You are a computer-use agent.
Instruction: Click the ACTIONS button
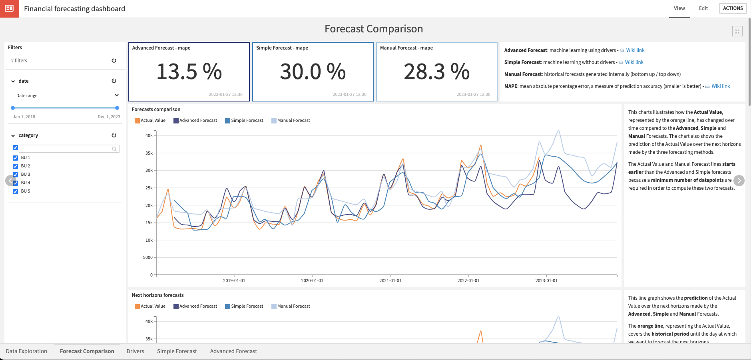click(x=733, y=8)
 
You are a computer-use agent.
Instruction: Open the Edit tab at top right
click(x=703, y=8)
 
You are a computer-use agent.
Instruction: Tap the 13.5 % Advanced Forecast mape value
click(x=189, y=72)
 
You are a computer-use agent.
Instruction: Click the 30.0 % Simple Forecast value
click(x=313, y=72)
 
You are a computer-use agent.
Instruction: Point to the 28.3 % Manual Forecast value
click(x=436, y=72)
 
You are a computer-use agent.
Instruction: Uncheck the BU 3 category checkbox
click(x=16, y=175)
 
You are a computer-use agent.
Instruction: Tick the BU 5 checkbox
click(x=16, y=191)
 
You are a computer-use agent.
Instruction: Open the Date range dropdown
click(x=66, y=95)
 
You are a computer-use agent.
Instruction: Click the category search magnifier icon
click(x=114, y=149)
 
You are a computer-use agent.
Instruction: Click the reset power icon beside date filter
click(x=114, y=81)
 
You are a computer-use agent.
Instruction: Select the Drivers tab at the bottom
click(x=135, y=351)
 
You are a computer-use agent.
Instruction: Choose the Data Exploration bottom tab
click(x=26, y=351)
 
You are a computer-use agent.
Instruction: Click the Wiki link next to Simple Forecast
click(x=634, y=62)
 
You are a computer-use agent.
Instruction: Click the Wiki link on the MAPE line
click(x=721, y=86)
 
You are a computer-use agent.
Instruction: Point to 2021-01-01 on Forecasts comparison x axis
click(x=390, y=280)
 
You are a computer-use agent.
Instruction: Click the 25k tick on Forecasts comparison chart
click(x=149, y=188)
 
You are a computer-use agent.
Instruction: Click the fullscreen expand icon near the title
click(x=737, y=31)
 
